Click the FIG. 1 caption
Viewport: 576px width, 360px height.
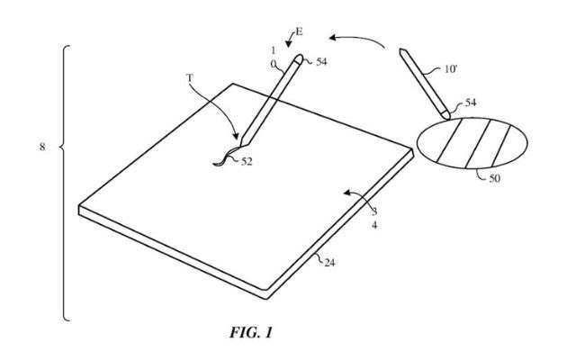point(251,332)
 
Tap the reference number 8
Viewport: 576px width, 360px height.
point(42,147)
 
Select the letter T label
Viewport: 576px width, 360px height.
point(190,78)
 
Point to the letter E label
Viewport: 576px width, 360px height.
point(299,32)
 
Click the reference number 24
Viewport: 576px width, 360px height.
point(329,262)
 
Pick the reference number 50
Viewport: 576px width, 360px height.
point(494,178)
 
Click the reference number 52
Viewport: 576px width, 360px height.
point(247,161)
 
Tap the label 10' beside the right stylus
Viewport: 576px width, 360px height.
point(451,68)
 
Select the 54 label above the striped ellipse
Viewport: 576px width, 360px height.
point(471,103)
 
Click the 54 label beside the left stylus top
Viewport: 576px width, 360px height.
point(321,62)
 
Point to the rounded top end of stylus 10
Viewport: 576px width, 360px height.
point(300,58)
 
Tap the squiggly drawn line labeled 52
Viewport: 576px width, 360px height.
point(225,157)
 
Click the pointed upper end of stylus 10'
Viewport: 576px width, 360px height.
point(400,49)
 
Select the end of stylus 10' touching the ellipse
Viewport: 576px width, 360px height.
point(447,117)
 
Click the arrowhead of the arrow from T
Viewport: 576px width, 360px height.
point(236,137)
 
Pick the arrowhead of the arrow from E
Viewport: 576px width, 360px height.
point(289,44)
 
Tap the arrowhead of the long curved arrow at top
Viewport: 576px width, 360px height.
point(332,38)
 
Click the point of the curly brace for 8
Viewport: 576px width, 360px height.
point(60,148)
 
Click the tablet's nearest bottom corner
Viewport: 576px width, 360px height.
point(266,298)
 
